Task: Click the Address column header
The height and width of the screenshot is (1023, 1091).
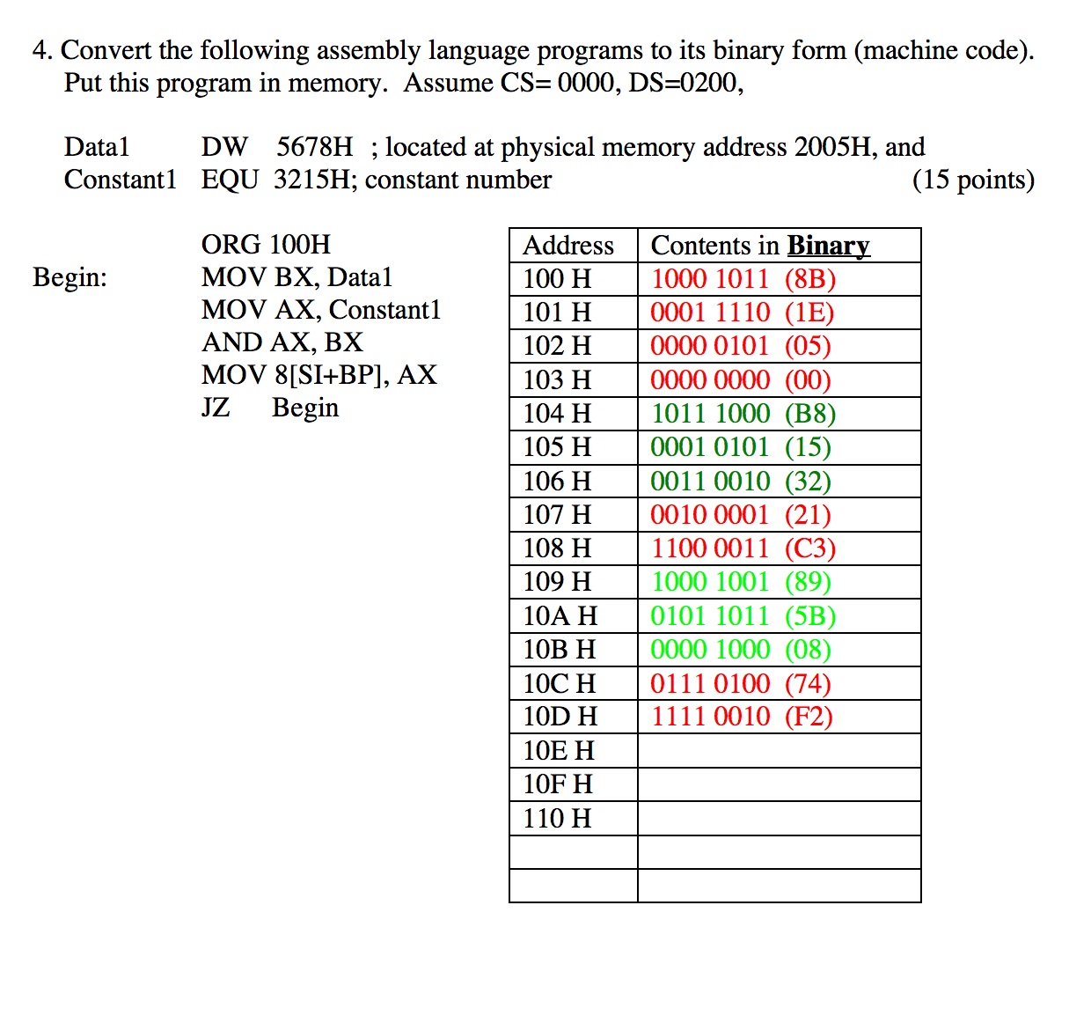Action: pos(568,246)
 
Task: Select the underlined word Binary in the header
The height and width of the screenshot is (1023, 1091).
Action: pos(828,246)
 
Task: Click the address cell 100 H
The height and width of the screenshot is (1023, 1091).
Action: pos(557,279)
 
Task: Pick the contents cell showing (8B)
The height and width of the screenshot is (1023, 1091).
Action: pos(743,279)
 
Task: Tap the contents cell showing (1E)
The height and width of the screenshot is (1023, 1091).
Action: pos(743,313)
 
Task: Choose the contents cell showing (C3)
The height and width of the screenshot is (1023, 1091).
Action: pos(743,548)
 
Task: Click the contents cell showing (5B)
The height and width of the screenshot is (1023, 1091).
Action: pos(743,616)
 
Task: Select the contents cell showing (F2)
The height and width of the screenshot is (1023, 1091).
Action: pos(742,717)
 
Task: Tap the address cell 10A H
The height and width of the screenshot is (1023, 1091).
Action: pos(560,616)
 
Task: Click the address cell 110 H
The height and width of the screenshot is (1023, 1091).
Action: pos(557,819)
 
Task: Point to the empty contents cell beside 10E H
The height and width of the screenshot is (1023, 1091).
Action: pos(779,751)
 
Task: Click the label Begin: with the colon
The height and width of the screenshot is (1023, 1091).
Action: pos(70,277)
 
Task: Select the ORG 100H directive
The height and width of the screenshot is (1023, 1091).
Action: pos(266,244)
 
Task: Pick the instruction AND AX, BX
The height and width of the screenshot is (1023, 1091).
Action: pos(282,342)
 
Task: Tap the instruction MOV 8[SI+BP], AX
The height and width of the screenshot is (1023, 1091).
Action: pos(319,375)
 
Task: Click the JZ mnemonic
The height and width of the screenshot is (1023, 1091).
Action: pos(216,408)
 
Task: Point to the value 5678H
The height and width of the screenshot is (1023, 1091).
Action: pos(314,147)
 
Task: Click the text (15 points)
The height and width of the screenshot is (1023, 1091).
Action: pos(973,180)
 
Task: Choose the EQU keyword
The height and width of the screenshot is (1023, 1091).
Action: pos(230,180)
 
